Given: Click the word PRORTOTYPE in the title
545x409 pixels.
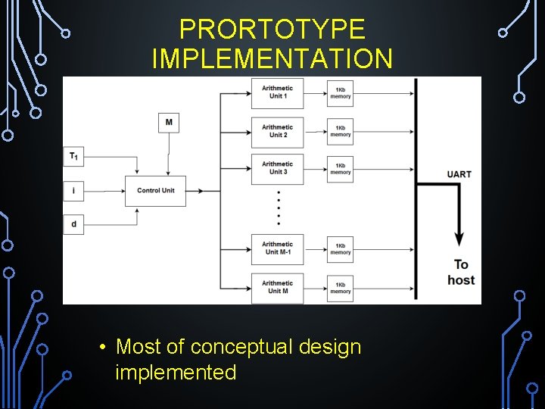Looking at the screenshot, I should [272, 30].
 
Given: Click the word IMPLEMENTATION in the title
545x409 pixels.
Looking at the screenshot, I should [272, 58].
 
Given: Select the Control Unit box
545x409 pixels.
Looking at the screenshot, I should [155, 191].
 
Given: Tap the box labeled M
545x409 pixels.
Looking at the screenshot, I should [169, 122].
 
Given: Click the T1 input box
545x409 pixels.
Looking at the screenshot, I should [73, 157].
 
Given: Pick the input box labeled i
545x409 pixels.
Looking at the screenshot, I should [73, 191].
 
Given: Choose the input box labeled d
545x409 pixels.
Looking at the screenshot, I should [73, 224].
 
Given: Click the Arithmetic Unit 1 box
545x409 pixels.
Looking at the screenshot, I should [277, 92].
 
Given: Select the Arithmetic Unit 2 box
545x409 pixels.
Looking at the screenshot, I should [277, 131].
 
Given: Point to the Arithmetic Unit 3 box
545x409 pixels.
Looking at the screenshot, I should [277, 168].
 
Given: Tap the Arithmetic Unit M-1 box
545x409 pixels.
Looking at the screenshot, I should [277, 248].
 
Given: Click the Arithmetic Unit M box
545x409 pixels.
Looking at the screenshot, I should [277, 287].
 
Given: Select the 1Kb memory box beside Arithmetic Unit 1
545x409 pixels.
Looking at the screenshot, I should [340, 92].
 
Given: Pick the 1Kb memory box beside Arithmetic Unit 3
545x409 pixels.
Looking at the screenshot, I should [340, 168].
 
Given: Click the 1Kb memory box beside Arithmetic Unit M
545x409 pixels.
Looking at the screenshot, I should [340, 287].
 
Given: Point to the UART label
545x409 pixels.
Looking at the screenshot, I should [459, 174].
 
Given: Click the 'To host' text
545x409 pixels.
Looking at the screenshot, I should [460, 272].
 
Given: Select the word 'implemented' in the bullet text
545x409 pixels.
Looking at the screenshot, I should [176, 373].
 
